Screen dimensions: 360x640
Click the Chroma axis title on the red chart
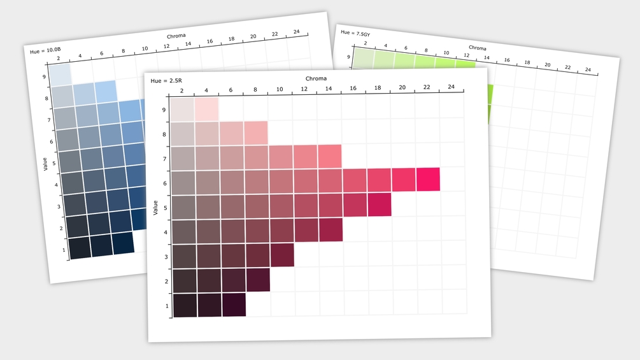click(315, 78)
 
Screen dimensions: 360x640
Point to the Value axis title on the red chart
click(155, 207)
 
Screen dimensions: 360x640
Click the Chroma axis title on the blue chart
click(176, 36)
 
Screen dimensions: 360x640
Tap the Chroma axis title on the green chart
click(478, 48)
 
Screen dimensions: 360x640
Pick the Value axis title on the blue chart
click(45, 165)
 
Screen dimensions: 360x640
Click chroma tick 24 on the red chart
click(451, 87)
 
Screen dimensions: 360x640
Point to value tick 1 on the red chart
click(167, 306)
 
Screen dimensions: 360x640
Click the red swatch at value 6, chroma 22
click(428, 179)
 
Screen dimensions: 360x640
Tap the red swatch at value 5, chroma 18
click(379, 204)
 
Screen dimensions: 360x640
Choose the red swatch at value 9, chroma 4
click(206, 109)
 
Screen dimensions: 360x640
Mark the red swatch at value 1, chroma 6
click(234, 305)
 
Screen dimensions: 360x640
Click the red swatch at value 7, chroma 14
click(330, 155)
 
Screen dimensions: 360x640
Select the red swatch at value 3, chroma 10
click(282, 255)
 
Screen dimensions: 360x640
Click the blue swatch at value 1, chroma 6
click(122, 243)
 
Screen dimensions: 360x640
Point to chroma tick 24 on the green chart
click(588, 69)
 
